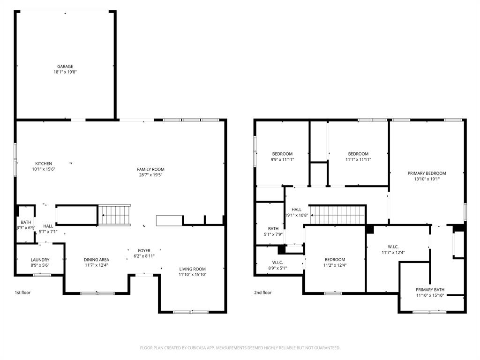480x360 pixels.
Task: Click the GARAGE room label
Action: [65, 67]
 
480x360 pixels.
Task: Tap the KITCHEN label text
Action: [44, 164]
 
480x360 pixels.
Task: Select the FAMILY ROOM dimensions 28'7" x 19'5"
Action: [150, 175]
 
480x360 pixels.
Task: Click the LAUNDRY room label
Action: [40, 260]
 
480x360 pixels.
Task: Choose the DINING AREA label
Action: [97, 260]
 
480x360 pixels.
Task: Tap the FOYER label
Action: [144, 250]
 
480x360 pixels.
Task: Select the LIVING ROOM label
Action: [193, 269]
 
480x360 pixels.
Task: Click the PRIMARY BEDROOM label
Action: [427, 173]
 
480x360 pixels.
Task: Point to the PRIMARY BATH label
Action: [430, 290]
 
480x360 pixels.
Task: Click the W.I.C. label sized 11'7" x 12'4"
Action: [393, 247]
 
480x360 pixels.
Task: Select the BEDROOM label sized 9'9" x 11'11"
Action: [282, 154]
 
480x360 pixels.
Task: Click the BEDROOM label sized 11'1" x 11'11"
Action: [358, 154]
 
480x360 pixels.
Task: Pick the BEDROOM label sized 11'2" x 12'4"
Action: [335, 260]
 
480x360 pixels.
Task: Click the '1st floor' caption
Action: [22, 292]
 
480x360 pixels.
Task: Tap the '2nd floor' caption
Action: [263, 292]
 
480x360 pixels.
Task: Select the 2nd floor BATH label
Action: [273, 229]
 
